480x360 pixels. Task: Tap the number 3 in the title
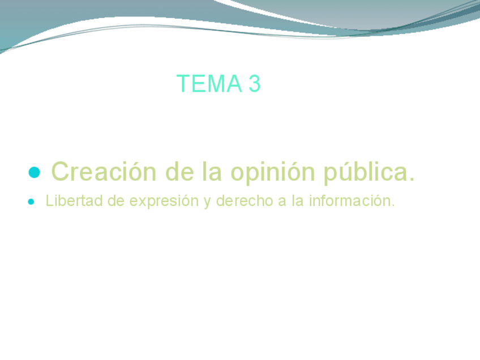(x=254, y=84)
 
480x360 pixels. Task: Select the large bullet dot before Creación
(x=34, y=172)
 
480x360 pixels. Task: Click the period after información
(x=392, y=205)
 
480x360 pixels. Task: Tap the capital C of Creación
(x=60, y=172)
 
